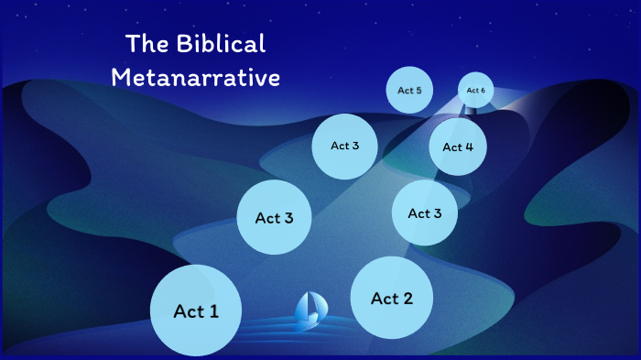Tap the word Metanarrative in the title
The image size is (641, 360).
pyautogui.click(x=195, y=77)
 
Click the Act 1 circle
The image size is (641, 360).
pyautogui.click(x=196, y=311)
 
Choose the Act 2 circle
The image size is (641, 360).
pyautogui.click(x=392, y=298)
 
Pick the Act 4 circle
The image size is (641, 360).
pyautogui.click(x=458, y=147)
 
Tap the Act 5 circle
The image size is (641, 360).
pyautogui.click(x=409, y=91)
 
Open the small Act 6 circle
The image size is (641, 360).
pyautogui.click(x=475, y=90)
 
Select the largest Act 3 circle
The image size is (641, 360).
pyautogui.click(x=274, y=218)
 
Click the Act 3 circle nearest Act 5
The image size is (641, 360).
pyautogui.click(x=345, y=146)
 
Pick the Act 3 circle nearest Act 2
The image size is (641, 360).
pyautogui.click(x=425, y=213)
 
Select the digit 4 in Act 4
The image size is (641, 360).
pyautogui.click(x=470, y=147)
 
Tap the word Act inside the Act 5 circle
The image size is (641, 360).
pyautogui.click(x=405, y=91)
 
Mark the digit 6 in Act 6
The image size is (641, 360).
pyautogui.click(x=483, y=90)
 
